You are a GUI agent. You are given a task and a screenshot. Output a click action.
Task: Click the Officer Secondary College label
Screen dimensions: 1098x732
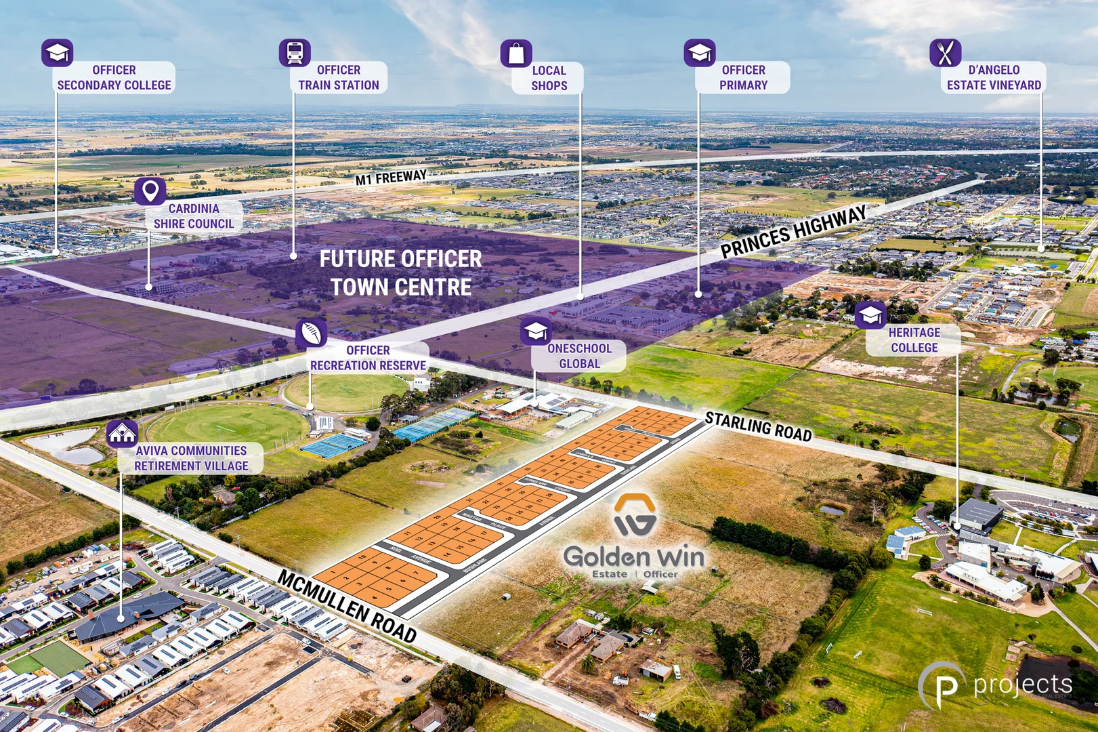tap(114, 78)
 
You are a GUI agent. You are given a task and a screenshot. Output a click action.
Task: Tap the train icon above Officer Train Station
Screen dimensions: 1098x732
tap(295, 53)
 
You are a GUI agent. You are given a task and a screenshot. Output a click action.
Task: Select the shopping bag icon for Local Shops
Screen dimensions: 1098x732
tap(516, 54)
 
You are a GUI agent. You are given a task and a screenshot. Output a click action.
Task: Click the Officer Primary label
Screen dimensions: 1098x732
tap(743, 78)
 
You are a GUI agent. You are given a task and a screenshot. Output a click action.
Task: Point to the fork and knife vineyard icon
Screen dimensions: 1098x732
tap(946, 53)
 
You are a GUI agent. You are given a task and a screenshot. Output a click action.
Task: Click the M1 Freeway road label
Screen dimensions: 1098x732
tap(391, 178)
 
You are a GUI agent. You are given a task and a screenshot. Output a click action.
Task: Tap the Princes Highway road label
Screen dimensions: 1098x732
tap(793, 232)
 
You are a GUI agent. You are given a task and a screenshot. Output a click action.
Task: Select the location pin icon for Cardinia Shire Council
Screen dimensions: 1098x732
tap(150, 192)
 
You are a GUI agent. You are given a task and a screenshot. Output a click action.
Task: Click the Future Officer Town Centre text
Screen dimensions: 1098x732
tap(401, 273)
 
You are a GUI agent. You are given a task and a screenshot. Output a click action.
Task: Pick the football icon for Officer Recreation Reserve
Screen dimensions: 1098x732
tap(311, 333)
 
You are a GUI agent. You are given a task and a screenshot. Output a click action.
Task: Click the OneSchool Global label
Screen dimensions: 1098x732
tap(579, 356)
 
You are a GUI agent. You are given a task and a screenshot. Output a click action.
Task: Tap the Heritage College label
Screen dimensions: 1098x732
tap(914, 340)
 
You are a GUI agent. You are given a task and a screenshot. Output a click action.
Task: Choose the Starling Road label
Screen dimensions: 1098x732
tap(758, 426)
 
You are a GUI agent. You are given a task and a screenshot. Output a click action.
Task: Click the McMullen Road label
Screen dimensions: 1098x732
tap(347, 606)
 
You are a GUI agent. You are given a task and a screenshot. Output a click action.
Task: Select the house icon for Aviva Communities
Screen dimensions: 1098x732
tap(123, 434)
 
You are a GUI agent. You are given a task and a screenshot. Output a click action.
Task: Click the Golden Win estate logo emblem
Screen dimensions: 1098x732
tap(635, 515)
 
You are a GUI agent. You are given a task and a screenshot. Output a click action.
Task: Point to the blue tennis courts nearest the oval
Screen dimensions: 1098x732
tap(333, 445)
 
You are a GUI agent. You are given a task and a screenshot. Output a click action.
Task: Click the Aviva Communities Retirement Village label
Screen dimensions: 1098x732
tap(191, 458)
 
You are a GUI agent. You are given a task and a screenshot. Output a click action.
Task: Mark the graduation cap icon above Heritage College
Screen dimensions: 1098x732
tap(870, 315)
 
